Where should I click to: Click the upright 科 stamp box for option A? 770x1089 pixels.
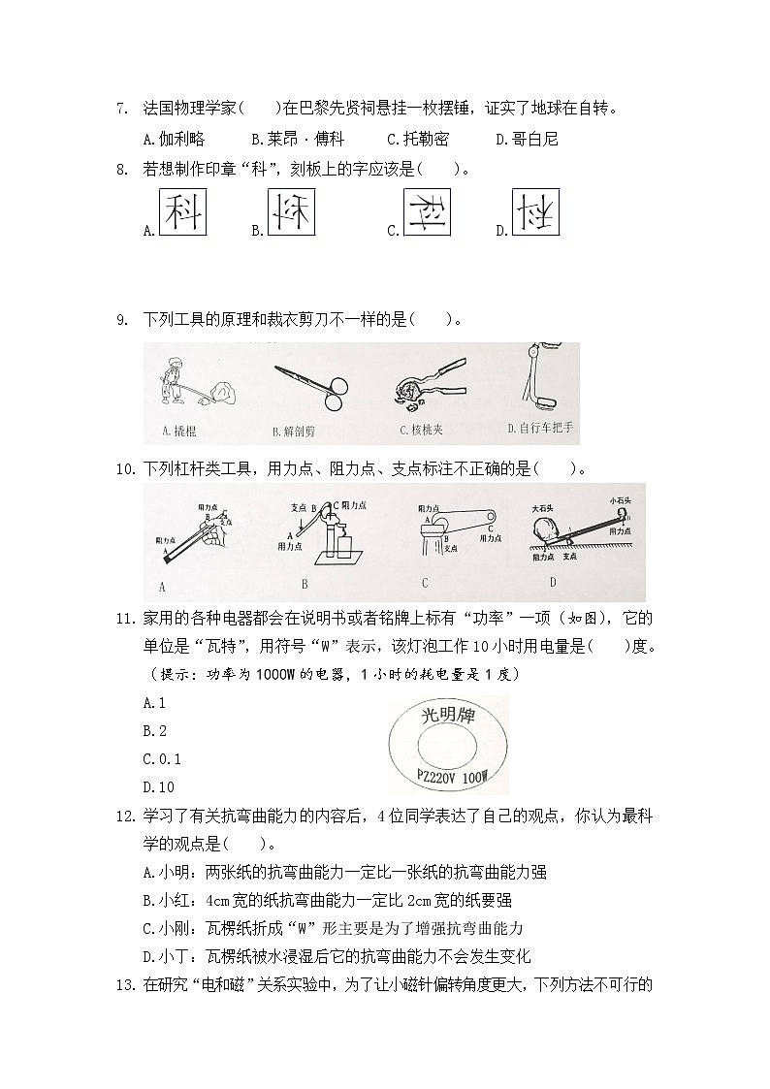(182, 210)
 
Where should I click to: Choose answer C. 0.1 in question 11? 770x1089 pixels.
(162, 759)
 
